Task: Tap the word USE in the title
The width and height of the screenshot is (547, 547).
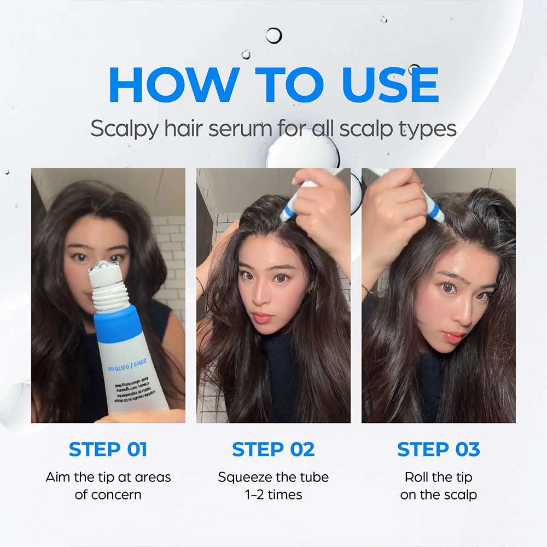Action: (390, 85)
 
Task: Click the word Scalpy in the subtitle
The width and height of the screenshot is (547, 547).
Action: (123, 129)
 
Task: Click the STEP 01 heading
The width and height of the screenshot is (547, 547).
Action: (108, 449)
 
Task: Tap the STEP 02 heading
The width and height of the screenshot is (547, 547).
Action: (273, 449)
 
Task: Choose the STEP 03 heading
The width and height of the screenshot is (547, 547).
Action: (438, 449)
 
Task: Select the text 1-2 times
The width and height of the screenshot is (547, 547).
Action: (273, 494)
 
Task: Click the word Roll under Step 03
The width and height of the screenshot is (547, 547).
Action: (417, 477)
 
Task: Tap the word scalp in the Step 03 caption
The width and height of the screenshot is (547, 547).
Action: (460, 494)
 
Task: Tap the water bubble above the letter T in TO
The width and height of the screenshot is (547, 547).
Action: (273, 36)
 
